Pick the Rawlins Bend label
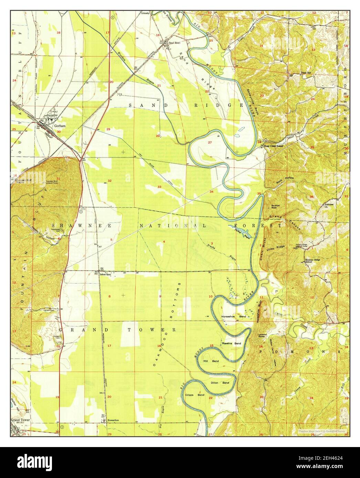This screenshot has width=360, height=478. click(x=231, y=344)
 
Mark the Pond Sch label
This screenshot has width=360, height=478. click(x=306, y=73)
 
